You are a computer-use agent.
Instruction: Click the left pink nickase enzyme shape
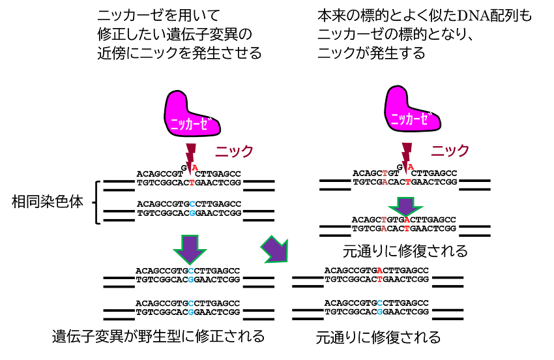(189, 115)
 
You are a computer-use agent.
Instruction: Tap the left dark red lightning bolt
(191, 155)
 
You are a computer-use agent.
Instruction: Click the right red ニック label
(450, 151)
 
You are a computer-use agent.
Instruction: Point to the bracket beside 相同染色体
(98, 202)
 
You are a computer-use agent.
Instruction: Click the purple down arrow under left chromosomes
(189, 248)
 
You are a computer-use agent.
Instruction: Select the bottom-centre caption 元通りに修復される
(378, 338)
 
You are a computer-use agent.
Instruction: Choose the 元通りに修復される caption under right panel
(405, 251)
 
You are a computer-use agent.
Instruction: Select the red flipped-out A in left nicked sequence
(194, 168)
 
